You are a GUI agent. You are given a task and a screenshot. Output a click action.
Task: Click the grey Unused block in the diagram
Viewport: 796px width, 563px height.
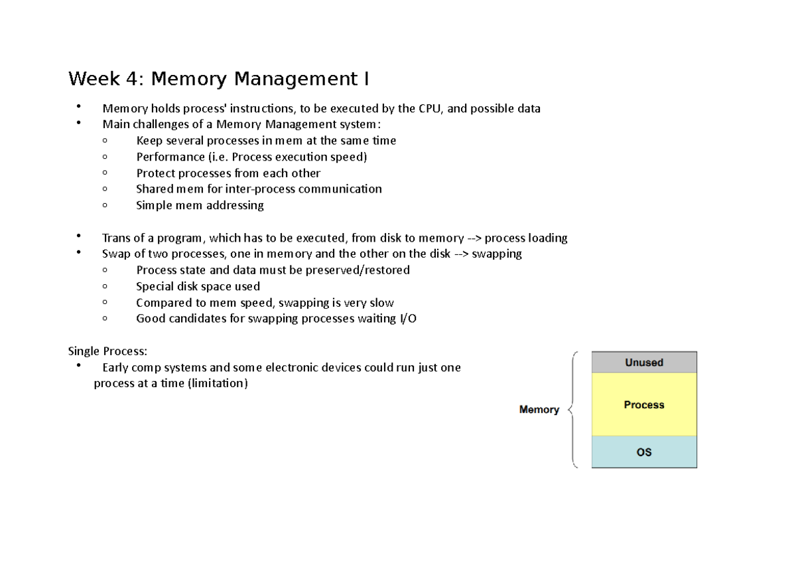(643, 362)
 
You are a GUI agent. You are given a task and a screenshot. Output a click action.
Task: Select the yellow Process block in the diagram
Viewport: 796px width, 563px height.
(643, 404)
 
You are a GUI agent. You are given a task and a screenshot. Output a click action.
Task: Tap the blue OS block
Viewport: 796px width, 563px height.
(643, 452)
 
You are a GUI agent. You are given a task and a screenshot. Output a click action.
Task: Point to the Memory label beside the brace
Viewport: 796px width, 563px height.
(539, 410)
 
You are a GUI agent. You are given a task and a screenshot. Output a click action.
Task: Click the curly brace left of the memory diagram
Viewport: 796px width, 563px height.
(573, 410)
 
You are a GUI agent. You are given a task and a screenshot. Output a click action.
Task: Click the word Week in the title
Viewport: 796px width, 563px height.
(94, 80)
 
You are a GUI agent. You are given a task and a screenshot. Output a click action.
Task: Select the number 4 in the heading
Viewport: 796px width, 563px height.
(133, 80)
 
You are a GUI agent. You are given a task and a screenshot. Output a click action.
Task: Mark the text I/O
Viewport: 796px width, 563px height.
(407, 319)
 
